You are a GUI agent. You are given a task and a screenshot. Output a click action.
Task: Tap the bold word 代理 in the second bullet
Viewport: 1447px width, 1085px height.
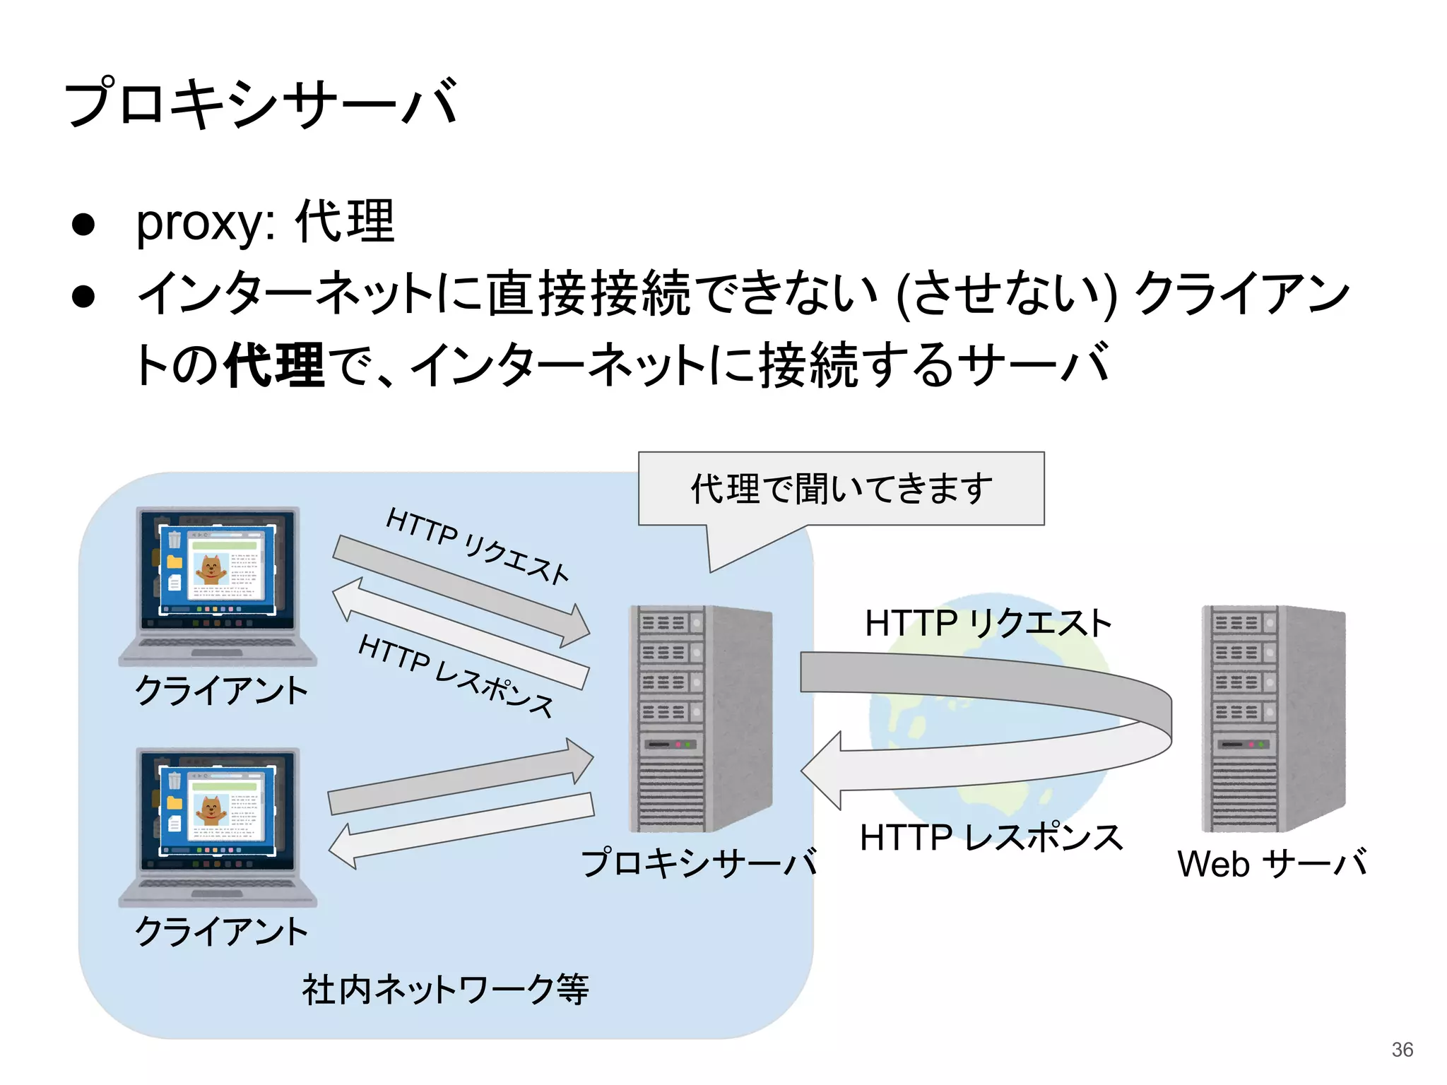click(x=274, y=365)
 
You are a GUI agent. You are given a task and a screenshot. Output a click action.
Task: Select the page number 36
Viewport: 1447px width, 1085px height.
click(x=1402, y=1050)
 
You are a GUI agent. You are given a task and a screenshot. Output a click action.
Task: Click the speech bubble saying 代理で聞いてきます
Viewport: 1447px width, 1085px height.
click(x=841, y=489)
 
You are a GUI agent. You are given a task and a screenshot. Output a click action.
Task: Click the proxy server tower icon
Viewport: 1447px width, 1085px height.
click(x=699, y=718)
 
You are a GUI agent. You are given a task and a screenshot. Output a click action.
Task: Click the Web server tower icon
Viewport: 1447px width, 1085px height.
click(x=1273, y=718)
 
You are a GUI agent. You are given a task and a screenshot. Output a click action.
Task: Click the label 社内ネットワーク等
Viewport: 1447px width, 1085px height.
click(x=445, y=989)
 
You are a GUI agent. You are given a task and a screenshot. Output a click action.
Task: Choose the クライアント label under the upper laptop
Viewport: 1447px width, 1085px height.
click(x=221, y=690)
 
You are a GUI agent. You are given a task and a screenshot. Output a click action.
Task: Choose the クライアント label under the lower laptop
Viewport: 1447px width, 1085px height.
click(x=221, y=931)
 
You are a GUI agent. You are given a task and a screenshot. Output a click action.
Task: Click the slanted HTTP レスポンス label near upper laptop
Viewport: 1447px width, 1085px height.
click(x=456, y=675)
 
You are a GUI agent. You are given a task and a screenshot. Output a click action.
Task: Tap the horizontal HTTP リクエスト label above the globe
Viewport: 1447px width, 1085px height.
click(x=988, y=624)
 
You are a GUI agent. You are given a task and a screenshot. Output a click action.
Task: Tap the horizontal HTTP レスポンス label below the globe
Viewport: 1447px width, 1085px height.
click(x=991, y=838)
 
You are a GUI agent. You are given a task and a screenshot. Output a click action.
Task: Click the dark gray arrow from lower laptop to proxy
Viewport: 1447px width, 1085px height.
click(x=459, y=781)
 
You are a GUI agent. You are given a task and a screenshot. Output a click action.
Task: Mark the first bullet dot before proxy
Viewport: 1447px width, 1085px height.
click(x=83, y=225)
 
